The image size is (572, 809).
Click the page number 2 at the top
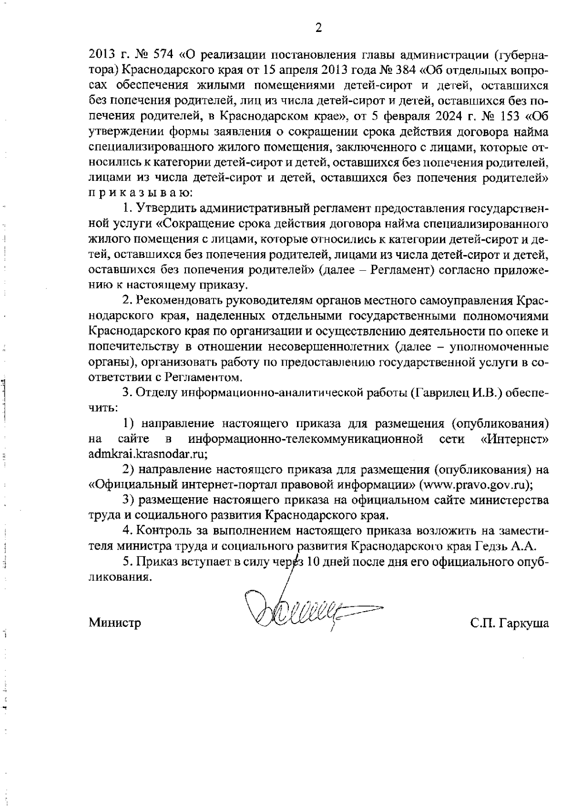318,28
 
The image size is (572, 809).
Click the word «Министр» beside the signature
115,623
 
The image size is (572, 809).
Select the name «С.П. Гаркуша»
509,623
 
